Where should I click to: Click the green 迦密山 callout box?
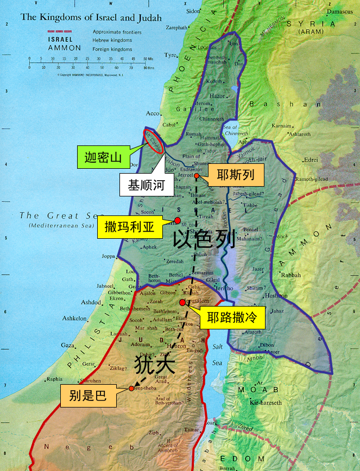pos(103,158)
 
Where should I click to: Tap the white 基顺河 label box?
pos(146,184)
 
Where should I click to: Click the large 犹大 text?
pos(155,363)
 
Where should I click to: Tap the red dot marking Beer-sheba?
pos(131,389)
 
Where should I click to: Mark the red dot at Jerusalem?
pos(182,302)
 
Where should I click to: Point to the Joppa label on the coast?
pos(109,256)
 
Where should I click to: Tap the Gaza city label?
pos(67,345)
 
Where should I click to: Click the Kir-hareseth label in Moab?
pos(266,403)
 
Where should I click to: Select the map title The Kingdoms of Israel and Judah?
pos(91,17)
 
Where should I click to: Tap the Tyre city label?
pos(171,55)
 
